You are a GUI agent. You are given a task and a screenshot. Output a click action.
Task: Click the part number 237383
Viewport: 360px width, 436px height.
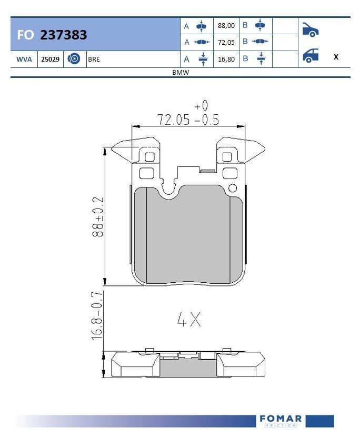pos(63,35)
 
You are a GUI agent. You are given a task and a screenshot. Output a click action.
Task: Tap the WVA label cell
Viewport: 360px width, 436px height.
pos(24,59)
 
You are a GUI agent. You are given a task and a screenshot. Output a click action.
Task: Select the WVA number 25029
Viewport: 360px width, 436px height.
pos(51,59)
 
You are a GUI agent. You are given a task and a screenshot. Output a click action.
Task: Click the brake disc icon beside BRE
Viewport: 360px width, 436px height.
pos(74,58)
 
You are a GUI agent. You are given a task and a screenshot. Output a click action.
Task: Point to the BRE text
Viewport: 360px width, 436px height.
pos(94,59)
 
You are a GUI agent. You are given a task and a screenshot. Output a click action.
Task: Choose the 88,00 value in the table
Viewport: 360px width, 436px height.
pos(226,26)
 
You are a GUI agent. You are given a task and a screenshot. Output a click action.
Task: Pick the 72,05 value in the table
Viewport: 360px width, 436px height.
pos(226,43)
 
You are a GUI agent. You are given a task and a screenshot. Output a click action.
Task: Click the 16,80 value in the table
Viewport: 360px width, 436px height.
pos(226,59)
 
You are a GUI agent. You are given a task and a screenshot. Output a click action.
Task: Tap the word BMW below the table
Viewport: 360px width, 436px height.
pos(181,72)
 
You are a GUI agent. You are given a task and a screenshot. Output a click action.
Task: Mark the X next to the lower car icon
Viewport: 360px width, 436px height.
pos(336,57)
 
